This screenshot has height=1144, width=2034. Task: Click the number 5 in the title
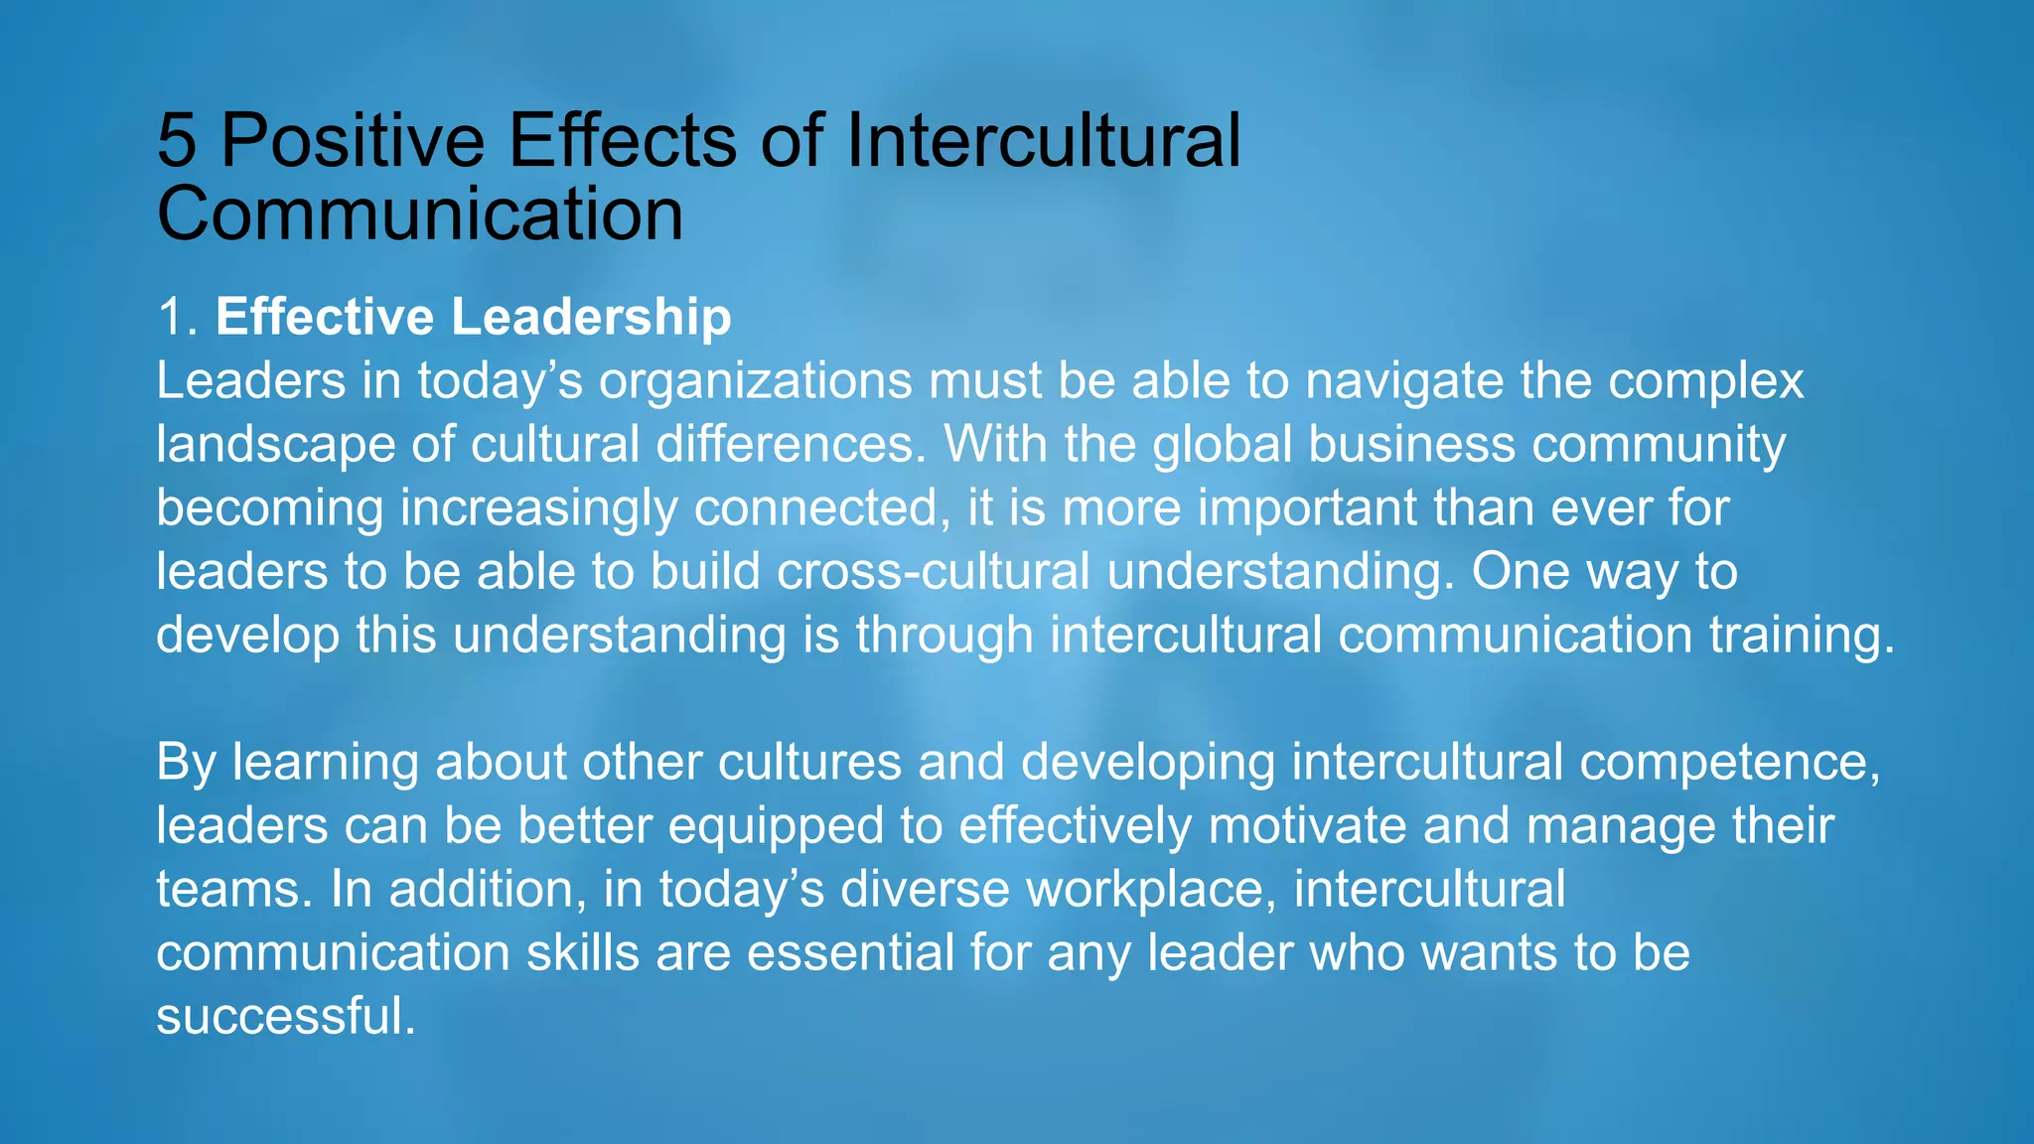pyautogui.click(x=177, y=140)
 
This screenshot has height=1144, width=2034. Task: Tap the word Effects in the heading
pyautogui.click(x=623, y=140)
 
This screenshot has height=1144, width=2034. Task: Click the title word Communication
pyautogui.click(x=420, y=214)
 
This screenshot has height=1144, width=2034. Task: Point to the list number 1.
pyautogui.click(x=175, y=318)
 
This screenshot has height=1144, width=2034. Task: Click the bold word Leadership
pyautogui.click(x=591, y=318)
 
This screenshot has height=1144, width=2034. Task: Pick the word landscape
pyautogui.click(x=276, y=445)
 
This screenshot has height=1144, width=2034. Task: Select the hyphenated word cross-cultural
pyautogui.click(x=934, y=571)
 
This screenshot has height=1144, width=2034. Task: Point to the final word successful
pyautogui.click(x=285, y=1016)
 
